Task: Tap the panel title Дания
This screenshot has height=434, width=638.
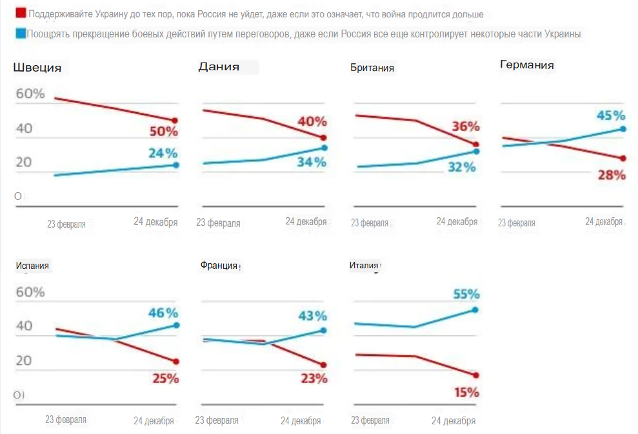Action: point(219,66)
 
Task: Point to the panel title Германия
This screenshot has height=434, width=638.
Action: point(527,65)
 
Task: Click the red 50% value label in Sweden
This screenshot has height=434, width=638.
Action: point(164,132)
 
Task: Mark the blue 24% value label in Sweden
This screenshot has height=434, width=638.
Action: point(163,153)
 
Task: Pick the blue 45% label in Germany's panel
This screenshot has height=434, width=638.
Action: point(611,115)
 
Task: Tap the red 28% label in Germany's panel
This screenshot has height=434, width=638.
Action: point(611,175)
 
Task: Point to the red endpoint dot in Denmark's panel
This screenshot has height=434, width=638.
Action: point(323,138)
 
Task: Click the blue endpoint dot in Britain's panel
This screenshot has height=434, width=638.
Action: point(476,152)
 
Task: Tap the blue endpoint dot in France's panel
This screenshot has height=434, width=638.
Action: point(323,330)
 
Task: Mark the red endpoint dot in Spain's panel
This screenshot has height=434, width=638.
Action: point(175,361)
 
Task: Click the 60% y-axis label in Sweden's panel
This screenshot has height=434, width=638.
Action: point(30,94)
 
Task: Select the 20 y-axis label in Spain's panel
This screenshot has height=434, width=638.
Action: point(25,360)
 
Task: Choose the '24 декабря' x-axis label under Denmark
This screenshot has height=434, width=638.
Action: point(306,222)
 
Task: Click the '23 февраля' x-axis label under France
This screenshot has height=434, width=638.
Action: point(217,420)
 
